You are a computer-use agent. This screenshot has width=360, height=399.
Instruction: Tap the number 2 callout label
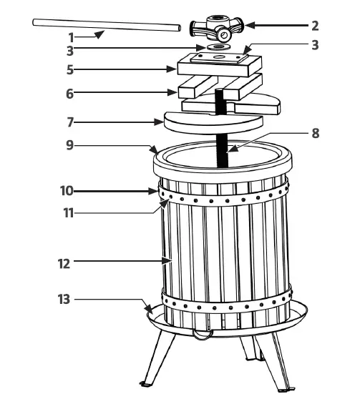(315, 25)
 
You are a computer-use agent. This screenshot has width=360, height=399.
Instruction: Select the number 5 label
(71, 70)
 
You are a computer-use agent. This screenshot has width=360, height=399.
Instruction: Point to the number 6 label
(71, 93)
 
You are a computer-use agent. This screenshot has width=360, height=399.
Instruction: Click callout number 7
(71, 122)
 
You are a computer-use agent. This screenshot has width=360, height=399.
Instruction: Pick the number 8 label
(316, 133)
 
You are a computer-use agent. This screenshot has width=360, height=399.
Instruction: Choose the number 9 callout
(71, 145)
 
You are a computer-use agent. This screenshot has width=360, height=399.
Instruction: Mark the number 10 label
(66, 191)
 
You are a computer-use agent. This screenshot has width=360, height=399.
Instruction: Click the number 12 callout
(64, 262)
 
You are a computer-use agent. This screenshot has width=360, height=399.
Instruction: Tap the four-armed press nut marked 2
(219, 27)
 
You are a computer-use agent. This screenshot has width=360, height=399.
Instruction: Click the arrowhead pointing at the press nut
(251, 26)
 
